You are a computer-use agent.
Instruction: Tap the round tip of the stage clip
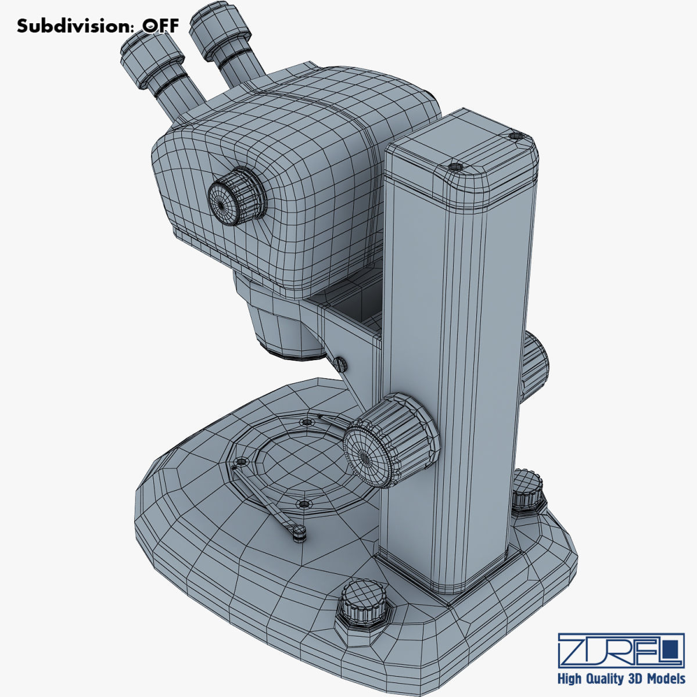click(299, 530)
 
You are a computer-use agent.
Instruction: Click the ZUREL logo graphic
click(620, 650)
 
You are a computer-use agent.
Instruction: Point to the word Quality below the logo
click(605, 678)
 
